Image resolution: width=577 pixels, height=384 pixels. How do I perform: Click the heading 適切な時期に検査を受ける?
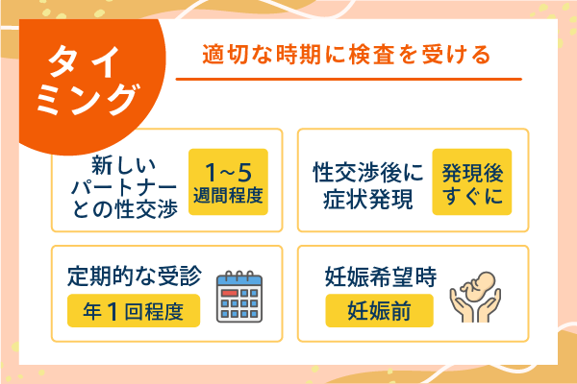(x=346, y=55)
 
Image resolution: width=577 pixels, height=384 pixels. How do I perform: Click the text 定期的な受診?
(x=134, y=277)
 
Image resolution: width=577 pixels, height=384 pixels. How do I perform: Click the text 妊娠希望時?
(x=379, y=277)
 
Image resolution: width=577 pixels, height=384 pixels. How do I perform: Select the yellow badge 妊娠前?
(x=379, y=311)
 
